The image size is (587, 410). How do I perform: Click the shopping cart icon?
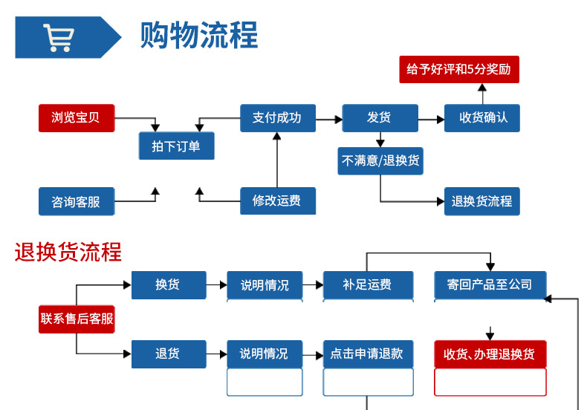(57, 37)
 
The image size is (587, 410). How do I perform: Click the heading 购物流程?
(199, 36)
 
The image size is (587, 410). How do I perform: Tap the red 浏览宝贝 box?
(77, 118)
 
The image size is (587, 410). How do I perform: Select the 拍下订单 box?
(176, 146)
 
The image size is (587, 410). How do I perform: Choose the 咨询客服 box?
(77, 201)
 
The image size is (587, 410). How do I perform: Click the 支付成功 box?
(277, 118)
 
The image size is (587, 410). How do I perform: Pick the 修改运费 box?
(277, 201)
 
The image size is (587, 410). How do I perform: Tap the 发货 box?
(380, 118)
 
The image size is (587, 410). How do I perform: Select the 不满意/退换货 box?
(380, 160)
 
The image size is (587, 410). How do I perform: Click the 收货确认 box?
(481, 118)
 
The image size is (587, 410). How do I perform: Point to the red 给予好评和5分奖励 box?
(459, 69)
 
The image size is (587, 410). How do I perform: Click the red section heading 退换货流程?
(68, 252)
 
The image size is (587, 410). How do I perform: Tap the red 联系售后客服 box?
(77, 319)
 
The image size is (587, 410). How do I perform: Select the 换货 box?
(168, 284)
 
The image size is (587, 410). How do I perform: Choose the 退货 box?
(168, 354)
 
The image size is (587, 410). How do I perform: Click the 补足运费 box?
(368, 284)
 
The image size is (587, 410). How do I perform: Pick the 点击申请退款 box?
(368, 354)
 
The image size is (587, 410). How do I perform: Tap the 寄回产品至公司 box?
(490, 284)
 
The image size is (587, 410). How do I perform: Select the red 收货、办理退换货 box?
(490, 354)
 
